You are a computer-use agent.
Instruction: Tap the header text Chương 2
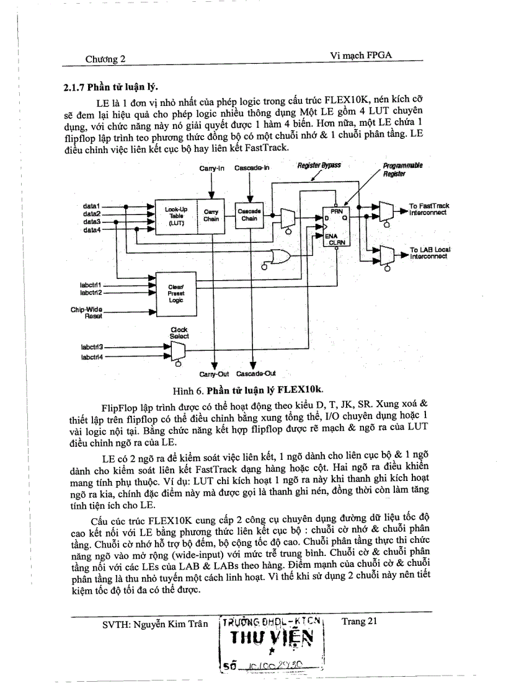[x=105, y=59]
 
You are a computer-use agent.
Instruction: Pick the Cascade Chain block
[x=249, y=215]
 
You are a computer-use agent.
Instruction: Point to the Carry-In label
[x=211, y=169]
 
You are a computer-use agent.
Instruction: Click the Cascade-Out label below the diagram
[x=255, y=374]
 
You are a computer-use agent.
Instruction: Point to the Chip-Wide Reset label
[x=91, y=312]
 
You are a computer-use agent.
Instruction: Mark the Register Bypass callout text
[x=319, y=166]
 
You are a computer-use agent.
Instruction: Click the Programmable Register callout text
[x=402, y=170]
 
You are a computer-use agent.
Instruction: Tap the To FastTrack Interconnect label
[x=428, y=209]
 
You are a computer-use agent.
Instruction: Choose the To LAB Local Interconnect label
[x=430, y=253]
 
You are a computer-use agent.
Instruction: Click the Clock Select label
[x=179, y=333]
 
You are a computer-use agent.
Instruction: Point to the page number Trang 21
[x=359, y=620]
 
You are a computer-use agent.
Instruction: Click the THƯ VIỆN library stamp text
[x=273, y=639]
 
